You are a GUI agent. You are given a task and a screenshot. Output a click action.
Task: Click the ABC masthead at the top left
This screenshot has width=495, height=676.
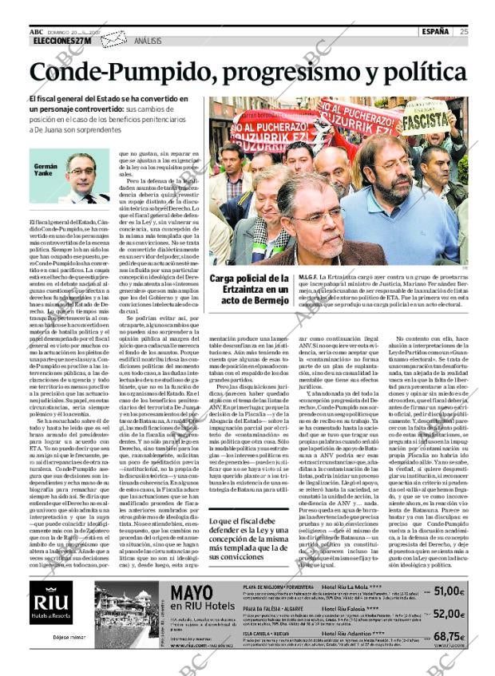click(36, 31)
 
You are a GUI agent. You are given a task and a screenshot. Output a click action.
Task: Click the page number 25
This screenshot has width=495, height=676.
click(464, 32)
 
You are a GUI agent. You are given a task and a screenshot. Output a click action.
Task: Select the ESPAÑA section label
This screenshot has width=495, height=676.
click(436, 32)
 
